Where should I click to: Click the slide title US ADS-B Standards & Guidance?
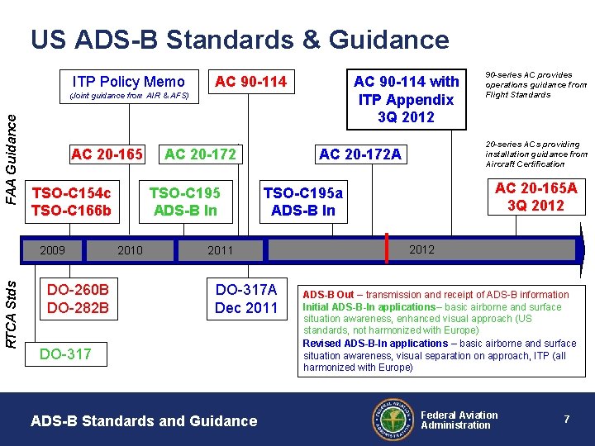click(240, 40)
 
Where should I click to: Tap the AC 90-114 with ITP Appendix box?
click(406, 98)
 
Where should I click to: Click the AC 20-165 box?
click(107, 154)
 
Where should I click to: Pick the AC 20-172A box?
click(359, 154)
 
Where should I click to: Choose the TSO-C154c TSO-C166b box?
click(71, 202)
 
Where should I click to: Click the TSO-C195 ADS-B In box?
click(184, 202)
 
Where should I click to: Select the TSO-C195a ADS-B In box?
click(303, 202)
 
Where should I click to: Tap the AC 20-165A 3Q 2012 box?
click(535, 197)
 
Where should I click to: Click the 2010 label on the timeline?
click(130, 250)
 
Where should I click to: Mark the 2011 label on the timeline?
click(221, 250)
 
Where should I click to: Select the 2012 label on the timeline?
click(421, 249)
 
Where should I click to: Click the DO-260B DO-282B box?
click(78, 299)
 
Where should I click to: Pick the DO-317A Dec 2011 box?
click(246, 299)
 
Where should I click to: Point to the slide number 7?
click(567, 420)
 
